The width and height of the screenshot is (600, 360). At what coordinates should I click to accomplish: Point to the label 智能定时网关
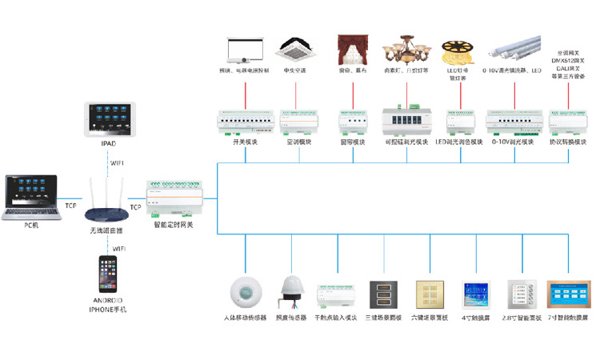coord(173,226)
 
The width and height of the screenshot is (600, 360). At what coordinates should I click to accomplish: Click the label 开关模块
coord(246,142)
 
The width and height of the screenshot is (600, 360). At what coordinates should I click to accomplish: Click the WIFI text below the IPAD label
coord(117,162)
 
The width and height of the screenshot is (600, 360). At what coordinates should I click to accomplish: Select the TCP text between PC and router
coord(71,206)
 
